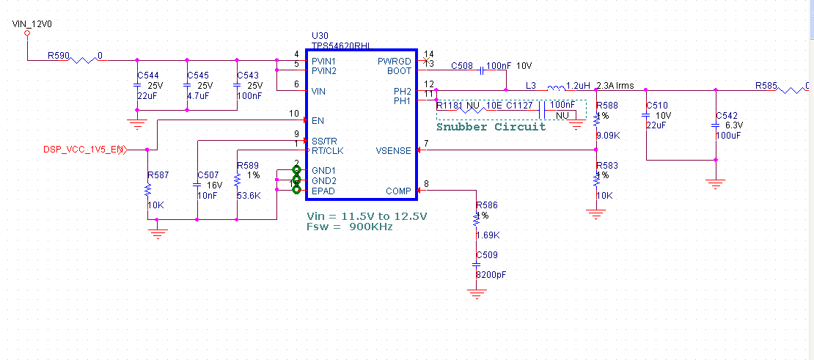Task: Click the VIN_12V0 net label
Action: (32, 24)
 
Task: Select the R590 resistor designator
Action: (59, 55)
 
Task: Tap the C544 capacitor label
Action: (148, 76)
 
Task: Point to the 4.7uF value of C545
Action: (198, 96)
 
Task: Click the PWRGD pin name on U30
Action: (395, 61)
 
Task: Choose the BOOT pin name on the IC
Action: (399, 71)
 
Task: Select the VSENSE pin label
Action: (394, 152)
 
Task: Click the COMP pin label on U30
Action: (398, 191)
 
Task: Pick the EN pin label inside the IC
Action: (317, 120)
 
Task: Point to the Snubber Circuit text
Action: (491, 127)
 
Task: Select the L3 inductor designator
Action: (531, 86)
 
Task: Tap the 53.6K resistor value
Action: (248, 196)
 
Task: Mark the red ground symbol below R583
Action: (597, 214)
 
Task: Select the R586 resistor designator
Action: (486, 205)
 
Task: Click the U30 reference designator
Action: (320, 34)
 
